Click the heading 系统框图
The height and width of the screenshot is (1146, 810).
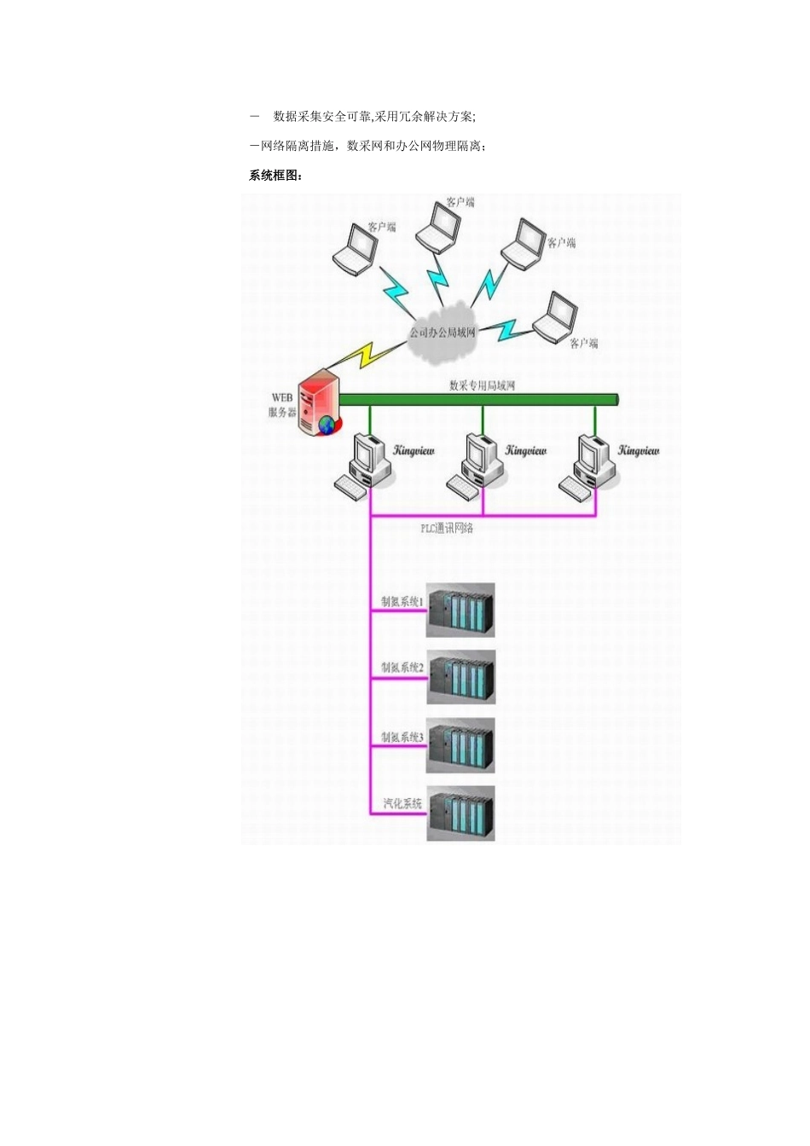click(x=275, y=176)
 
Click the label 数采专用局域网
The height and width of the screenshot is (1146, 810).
click(x=482, y=385)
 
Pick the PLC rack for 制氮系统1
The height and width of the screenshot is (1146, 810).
click(x=460, y=610)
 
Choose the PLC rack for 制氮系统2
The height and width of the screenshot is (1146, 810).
click(x=460, y=677)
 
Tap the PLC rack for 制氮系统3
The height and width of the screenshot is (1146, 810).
click(x=460, y=745)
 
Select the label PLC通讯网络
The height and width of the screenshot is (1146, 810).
click(x=446, y=529)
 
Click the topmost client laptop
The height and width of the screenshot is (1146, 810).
click(x=438, y=229)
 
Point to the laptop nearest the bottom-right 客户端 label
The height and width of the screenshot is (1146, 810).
click(x=555, y=317)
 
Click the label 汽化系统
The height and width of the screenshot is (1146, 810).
click(x=402, y=803)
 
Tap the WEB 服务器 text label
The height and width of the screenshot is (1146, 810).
click(x=282, y=405)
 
